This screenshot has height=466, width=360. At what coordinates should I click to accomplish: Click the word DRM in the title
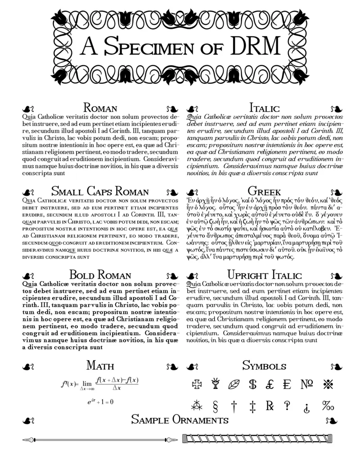(255, 46)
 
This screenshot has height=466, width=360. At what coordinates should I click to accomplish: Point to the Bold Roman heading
(100, 275)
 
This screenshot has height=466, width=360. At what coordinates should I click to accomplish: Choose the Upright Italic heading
(264, 275)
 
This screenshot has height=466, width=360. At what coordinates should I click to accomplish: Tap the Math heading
(100, 365)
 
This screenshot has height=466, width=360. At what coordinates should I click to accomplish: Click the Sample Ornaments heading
(180, 420)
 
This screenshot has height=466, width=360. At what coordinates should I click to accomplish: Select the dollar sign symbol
(252, 385)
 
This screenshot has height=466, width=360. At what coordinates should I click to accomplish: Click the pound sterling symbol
(270, 385)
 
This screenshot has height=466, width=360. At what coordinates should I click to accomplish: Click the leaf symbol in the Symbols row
(234, 385)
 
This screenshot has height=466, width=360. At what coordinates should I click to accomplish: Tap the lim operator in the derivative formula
(87, 384)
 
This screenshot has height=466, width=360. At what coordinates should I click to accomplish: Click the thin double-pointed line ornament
(100, 439)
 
